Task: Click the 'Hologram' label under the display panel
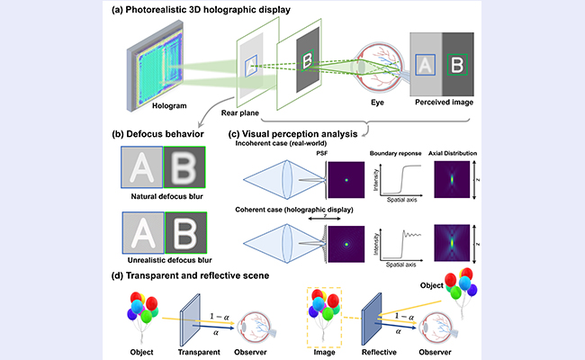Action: [169, 106]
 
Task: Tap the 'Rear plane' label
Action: [240, 113]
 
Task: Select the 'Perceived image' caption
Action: [444, 103]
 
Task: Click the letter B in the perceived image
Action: [457, 65]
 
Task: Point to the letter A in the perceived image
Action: [425, 65]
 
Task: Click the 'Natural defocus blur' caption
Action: [166, 196]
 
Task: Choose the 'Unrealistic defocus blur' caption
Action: [170, 260]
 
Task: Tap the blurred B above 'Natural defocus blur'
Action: [184, 167]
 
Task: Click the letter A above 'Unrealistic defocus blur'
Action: [143, 233]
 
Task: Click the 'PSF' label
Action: [322, 153]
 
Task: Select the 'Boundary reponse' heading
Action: [395, 153]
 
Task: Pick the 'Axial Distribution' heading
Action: [453, 153]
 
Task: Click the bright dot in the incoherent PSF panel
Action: [346, 180]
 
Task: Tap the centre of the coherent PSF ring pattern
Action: [346, 245]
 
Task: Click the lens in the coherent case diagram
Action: [287, 243]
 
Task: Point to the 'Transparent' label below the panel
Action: [199, 352]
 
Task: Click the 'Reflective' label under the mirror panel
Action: [379, 352]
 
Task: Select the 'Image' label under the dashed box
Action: [324, 352]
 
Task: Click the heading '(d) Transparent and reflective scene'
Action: [190, 275]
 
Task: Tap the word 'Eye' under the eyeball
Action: [377, 103]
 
